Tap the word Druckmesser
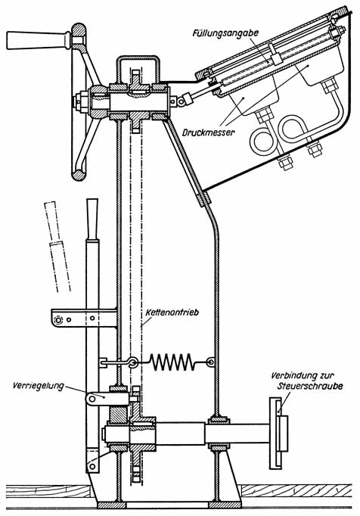point(208,132)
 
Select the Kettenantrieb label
point(172,312)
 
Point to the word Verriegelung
point(38,385)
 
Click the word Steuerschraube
point(309,385)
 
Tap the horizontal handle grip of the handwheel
point(38,40)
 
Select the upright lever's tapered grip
point(92,219)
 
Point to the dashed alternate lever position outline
point(57,246)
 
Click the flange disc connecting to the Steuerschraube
point(275,433)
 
